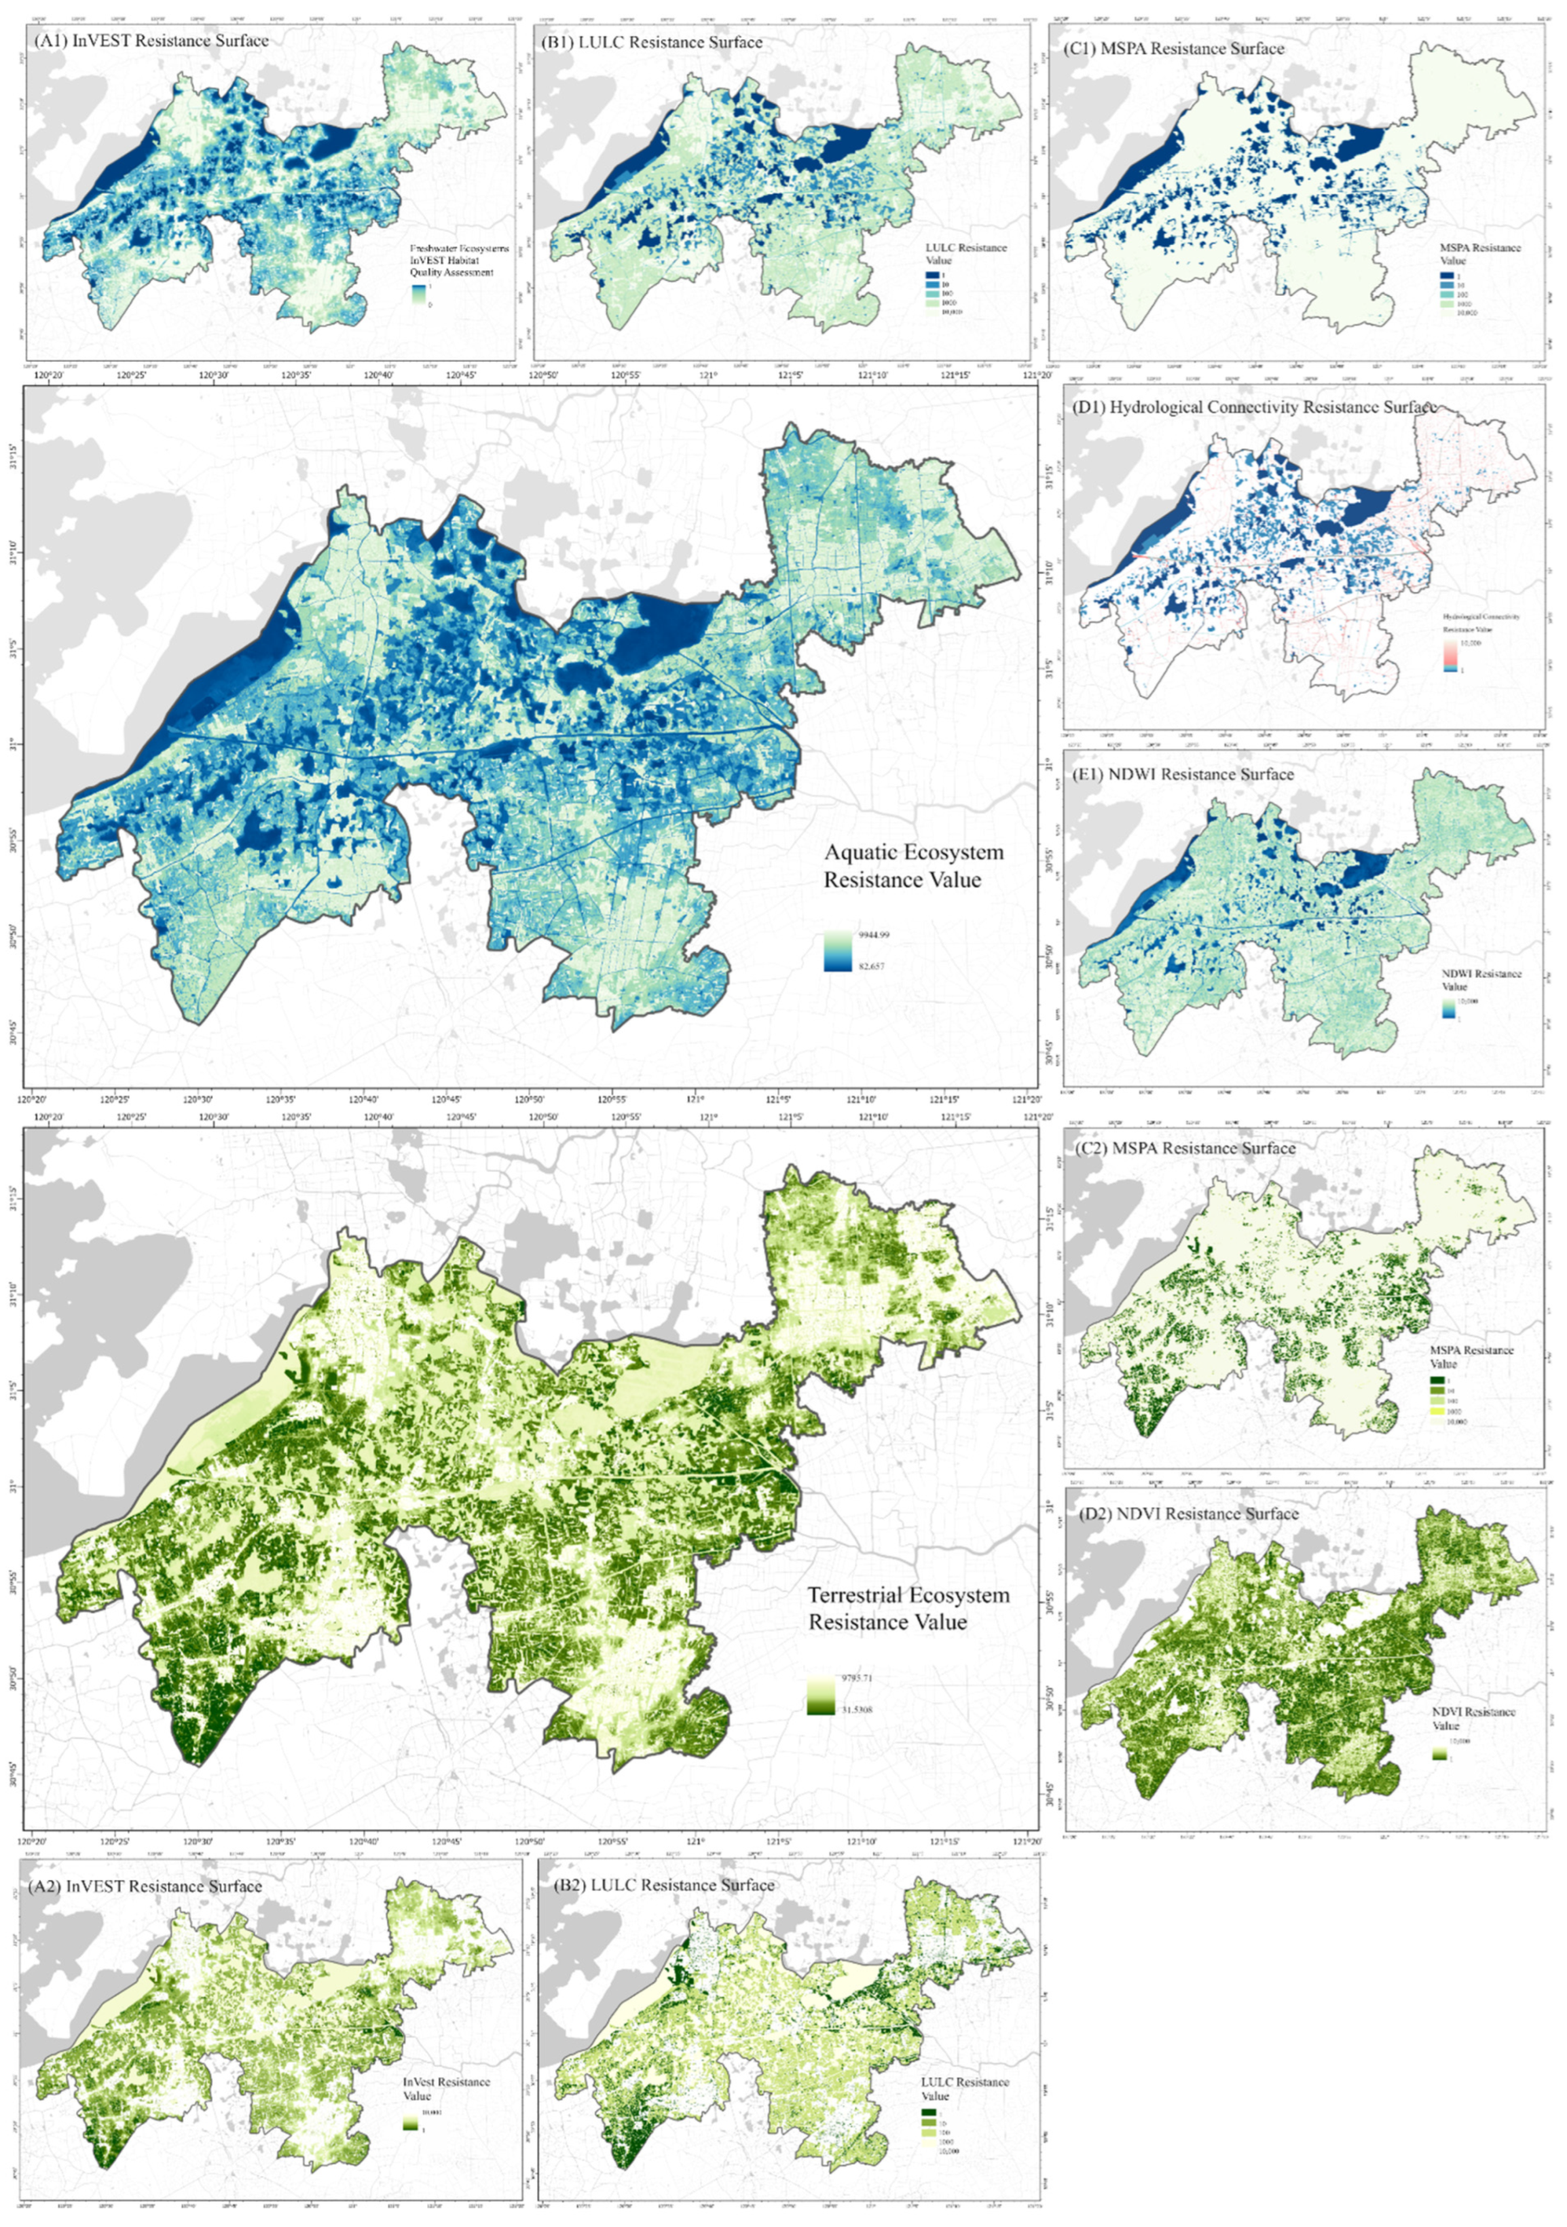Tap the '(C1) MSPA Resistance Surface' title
pos(1174,48)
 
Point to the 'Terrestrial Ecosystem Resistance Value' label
pos(908,1608)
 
